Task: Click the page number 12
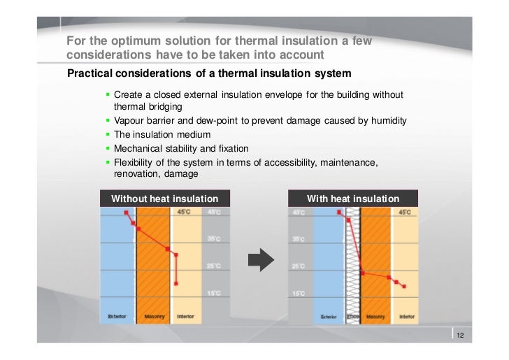tap(460, 336)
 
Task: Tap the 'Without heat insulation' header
tap(160, 199)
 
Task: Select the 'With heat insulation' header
tap(353, 199)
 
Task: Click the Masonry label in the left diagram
tap(154, 317)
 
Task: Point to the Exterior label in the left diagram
tap(117, 317)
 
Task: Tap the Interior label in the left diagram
tap(185, 317)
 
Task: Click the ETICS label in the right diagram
tap(352, 317)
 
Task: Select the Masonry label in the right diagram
tap(375, 317)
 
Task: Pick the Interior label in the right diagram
tap(407, 317)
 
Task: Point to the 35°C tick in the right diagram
tap(299, 239)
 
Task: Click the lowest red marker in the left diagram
tap(176, 283)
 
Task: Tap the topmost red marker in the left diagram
tap(126, 211)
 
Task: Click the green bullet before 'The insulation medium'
tap(108, 134)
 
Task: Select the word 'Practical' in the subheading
tap(89, 73)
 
